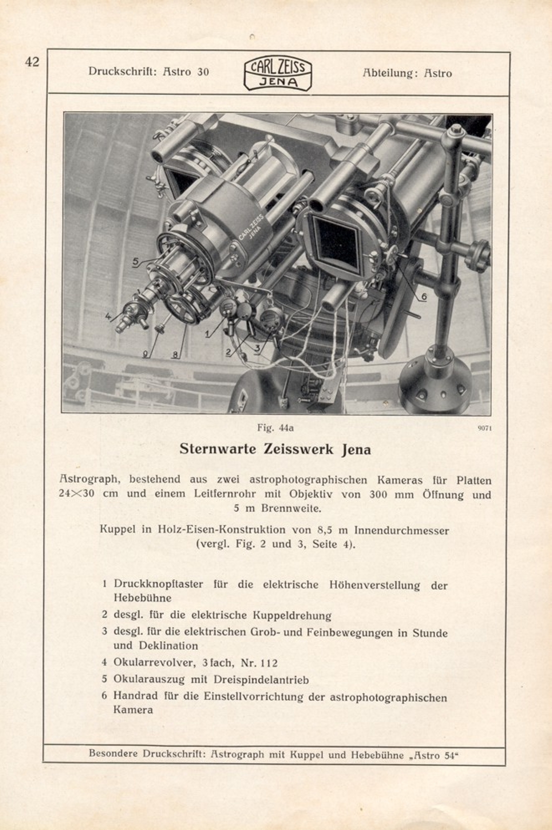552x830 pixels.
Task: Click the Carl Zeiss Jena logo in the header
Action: point(278,74)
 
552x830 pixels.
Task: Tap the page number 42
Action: point(32,62)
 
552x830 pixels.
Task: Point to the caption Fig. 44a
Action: point(275,428)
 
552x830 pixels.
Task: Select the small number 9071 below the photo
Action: point(484,428)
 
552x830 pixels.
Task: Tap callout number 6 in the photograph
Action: point(424,296)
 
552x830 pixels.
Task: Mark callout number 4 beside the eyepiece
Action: point(108,317)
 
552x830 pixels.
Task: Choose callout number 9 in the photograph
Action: point(145,354)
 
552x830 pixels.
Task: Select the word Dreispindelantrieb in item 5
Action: point(261,680)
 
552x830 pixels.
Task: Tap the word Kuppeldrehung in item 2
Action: point(292,615)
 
